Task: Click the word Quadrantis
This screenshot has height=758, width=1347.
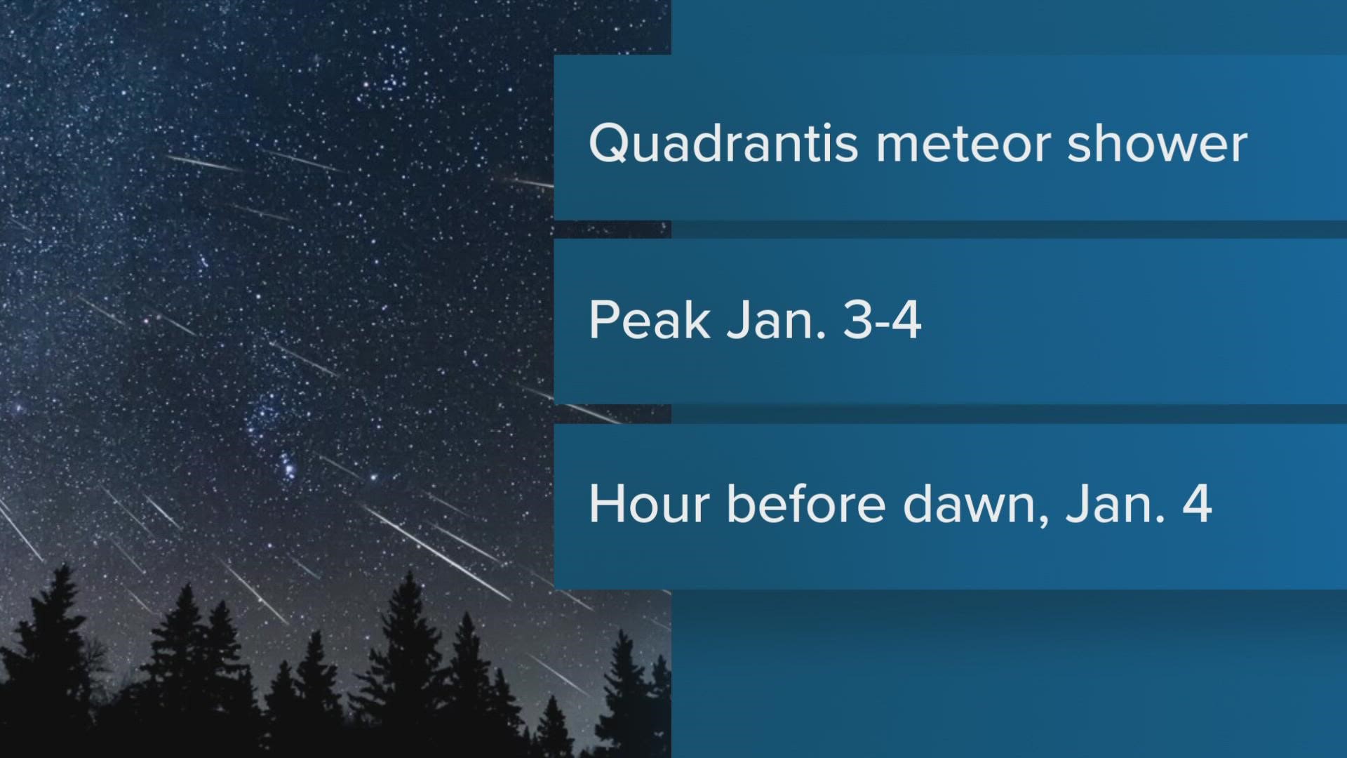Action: [x=723, y=145]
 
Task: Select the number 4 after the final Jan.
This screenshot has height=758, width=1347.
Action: [x=1197, y=504]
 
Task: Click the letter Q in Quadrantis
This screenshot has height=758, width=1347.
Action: [x=608, y=145]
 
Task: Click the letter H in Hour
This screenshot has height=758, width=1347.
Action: [x=605, y=504]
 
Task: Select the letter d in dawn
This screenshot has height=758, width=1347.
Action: [x=917, y=504]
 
